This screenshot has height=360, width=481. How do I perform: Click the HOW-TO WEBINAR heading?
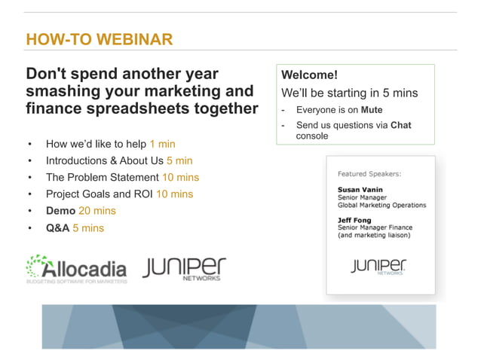point(99,39)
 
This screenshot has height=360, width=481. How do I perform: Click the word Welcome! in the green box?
point(309,75)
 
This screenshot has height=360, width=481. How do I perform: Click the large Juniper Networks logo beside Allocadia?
point(184,269)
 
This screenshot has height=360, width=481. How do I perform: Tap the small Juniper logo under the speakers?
point(378,267)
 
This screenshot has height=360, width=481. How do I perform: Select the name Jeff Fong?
point(356,221)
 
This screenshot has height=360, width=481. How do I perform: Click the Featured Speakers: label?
point(369,173)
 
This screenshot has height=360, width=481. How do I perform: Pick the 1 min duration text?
point(162,143)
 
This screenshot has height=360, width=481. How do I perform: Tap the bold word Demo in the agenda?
point(60,211)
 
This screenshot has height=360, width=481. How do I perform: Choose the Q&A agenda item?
point(57,227)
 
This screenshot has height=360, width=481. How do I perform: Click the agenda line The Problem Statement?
point(102,177)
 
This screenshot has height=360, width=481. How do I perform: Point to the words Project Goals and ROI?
point(99,194)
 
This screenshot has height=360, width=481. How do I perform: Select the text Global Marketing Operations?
point(381,205)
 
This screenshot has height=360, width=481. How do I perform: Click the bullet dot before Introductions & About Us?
point(29,160)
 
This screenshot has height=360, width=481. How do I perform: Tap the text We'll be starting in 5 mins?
point(349,93)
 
